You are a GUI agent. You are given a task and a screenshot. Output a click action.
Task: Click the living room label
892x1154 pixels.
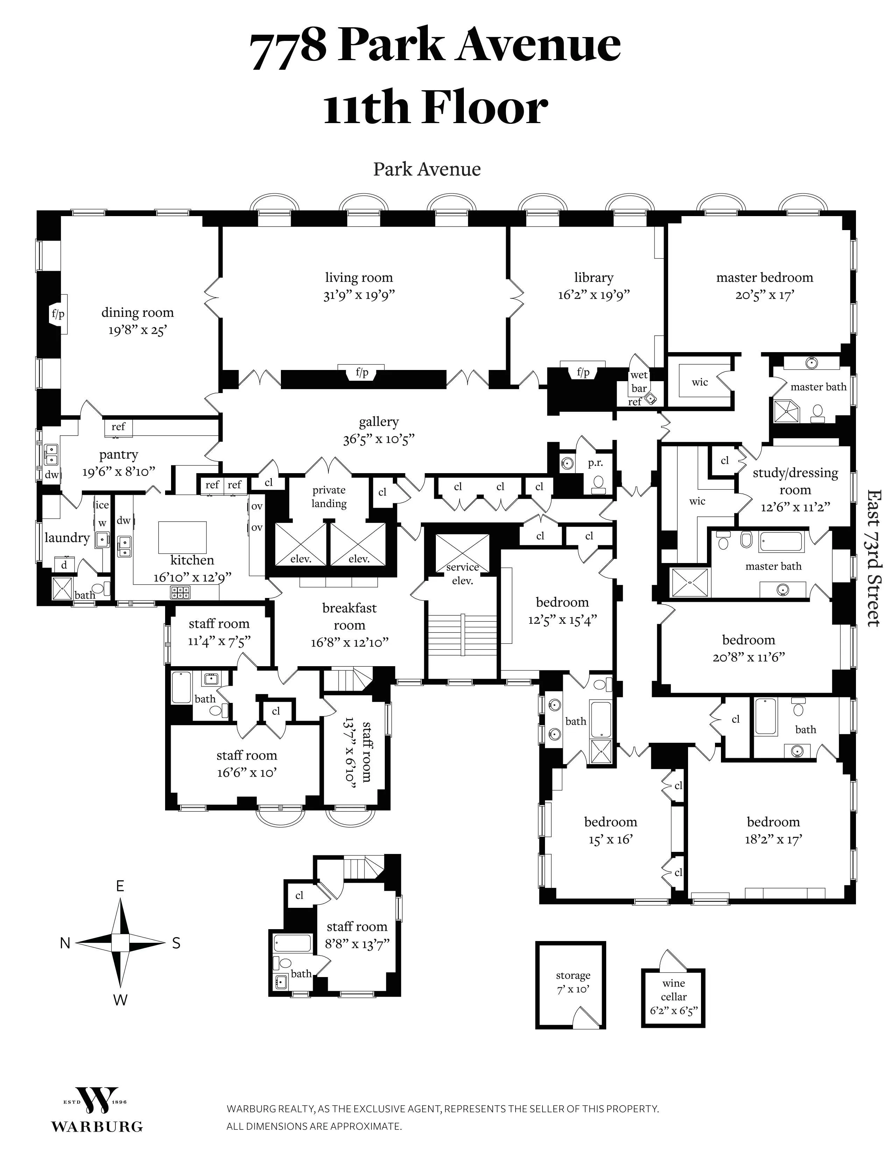point(359,277)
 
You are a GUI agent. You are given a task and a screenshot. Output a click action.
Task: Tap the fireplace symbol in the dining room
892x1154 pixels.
point(58,314)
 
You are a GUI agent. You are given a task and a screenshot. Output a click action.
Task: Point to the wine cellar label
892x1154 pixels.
point(673,997)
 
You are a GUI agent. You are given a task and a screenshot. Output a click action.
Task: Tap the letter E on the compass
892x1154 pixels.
point(120,886)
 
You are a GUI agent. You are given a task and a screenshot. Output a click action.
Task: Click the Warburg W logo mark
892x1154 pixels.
point(96,1101)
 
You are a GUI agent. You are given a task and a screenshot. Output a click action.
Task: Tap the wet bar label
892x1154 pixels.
point(639,382)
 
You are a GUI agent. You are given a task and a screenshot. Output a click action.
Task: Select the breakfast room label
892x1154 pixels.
point(349,616)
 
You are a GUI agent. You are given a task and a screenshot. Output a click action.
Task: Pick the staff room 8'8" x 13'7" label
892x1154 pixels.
point(357,935)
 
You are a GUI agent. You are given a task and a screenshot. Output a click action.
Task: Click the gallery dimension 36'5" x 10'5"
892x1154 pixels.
point(378,439)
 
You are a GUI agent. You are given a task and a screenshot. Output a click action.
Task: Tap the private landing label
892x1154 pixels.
point(329,497)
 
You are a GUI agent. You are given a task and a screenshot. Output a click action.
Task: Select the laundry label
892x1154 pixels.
point(67,537)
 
